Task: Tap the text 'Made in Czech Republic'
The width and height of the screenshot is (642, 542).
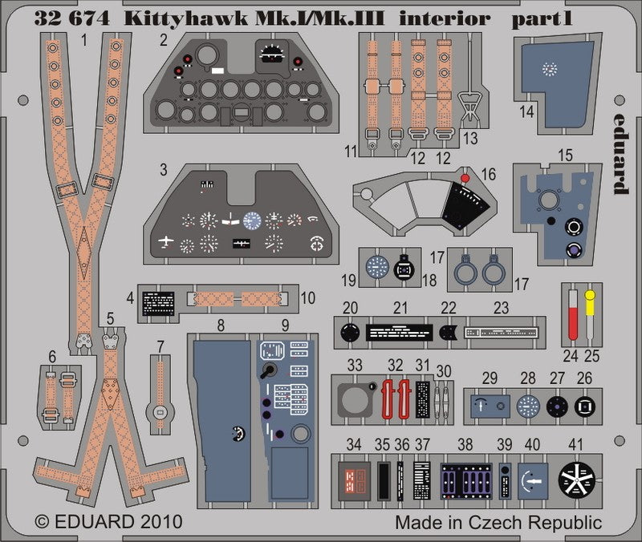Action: pyautogui.click(x=498, y=523)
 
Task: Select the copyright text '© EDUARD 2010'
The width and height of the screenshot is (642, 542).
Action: pyautogui.click(x=108, y=522)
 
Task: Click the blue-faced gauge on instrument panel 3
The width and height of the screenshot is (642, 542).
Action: pyautogui.click(x=252, y=220)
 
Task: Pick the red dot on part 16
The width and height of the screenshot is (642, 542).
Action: pyautogui.click(x=465, y=176)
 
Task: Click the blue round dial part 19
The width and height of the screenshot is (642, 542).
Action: pyautogui.click(x=377, y=266)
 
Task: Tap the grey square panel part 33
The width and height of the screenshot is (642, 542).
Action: pyautogui.click(x=356, y=398)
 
